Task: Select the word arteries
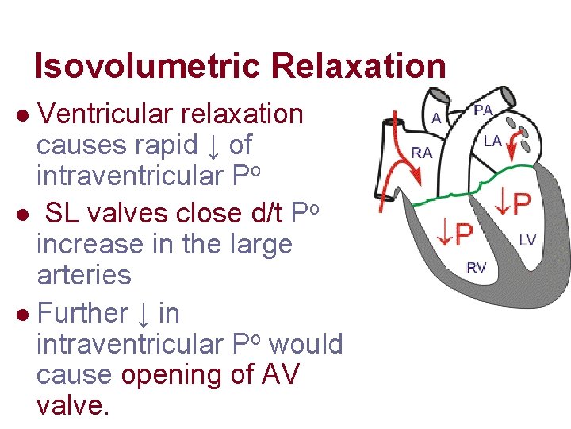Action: (84, 275)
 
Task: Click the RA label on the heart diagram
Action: (422, 152)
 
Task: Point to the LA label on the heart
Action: (493, 141)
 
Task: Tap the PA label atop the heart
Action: (482, 109)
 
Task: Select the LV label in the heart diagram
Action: (527, 239)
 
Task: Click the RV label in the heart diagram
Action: (476, 268)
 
